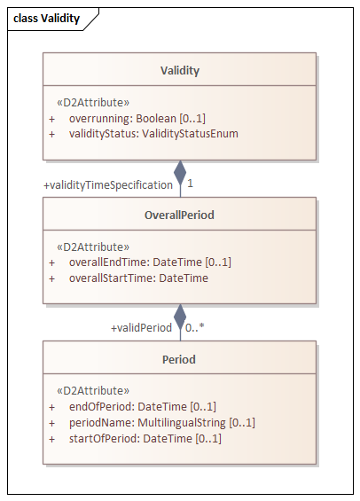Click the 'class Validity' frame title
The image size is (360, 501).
[x=47, y=19]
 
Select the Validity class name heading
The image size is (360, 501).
[x=180, y=71]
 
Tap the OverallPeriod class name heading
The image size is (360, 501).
[x=179, y=215]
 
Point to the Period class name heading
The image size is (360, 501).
[x=179, y=359]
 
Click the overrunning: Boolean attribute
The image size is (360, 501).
[x=137, y=118]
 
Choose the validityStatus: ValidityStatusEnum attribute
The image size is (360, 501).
[x=153, y=134]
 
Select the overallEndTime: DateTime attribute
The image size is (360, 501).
[x=150, y=262]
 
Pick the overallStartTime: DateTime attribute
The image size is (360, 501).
[x=138, y=278]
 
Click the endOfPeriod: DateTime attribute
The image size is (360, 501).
[x=143, y=407]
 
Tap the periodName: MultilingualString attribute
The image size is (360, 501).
[x=162, y=423]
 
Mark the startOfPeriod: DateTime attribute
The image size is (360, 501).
[x=145, y=438]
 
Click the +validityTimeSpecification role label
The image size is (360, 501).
[x=108, y=185]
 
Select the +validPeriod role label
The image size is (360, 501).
[x=141, y=328]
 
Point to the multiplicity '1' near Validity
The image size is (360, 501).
[x=190, y=184]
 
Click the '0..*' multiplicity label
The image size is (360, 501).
[x=194, y=327]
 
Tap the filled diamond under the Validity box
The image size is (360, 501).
[x=180, y=173]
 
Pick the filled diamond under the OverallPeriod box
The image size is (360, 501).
[x=180, y=317]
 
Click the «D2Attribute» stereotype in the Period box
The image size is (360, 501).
[x=93, y=391]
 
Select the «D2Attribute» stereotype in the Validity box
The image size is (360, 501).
[x=93, y=103]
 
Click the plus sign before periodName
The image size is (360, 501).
[x=51, y=423]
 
